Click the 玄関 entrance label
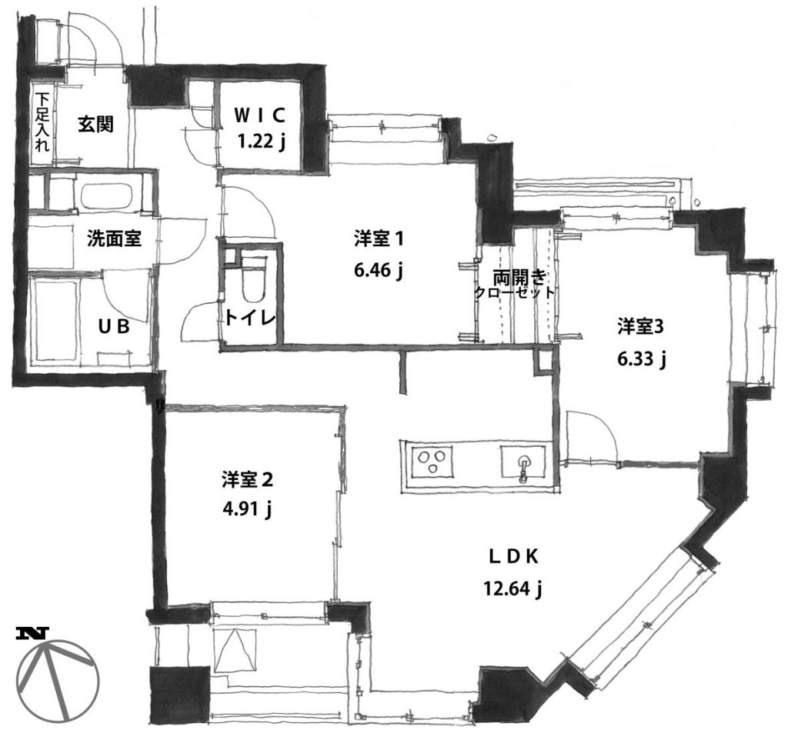coord(95,124)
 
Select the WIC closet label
coord(260,115)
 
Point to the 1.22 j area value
coord(262,142)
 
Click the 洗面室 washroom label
coord(114,238)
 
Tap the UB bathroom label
coord(114,327)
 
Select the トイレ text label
coord(250,318)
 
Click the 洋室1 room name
coord(379,239)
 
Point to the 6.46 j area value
coord(379,270)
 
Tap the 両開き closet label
coord(519,277)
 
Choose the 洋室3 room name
coord(641,327)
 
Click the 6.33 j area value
coord(642,358)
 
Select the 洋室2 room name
coord(247,479)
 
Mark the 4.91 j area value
coord(247,509)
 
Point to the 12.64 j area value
coord(512,588)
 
